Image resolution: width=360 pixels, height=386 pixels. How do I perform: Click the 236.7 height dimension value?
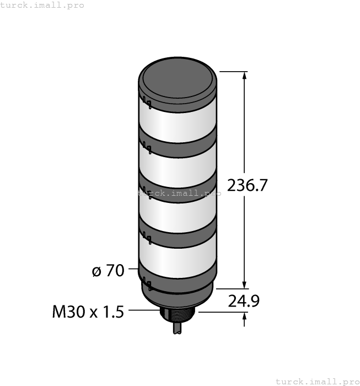coord(248,186)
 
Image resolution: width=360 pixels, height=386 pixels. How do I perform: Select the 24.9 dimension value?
coord(243,301)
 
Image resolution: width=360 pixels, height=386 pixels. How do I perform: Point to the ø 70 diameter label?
coord(108,271)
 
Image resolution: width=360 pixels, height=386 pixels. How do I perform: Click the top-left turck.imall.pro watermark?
coord(42,5)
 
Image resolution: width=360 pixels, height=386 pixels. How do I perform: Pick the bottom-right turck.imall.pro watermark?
coord(317,381)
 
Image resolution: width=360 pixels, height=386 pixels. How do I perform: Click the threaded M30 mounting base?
coord(178,317)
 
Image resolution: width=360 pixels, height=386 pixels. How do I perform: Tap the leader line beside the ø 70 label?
coord(133,269)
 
